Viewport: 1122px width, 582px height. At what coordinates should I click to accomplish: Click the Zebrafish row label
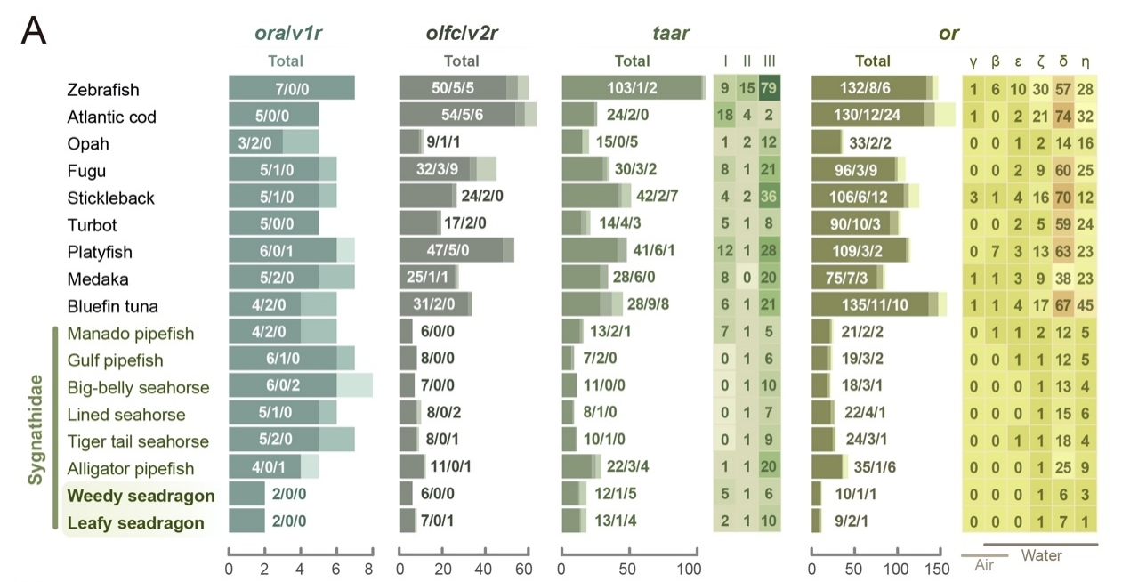pos(102,90)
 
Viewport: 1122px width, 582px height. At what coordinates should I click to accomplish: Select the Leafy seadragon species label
pos(136,523)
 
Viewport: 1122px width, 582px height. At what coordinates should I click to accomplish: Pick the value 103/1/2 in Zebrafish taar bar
pos(632,89)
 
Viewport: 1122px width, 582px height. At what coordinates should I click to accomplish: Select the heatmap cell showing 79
pos(769,89)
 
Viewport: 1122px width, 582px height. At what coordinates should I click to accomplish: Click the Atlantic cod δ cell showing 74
pos(1062,117)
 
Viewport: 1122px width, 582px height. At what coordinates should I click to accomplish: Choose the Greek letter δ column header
pos(1062,61)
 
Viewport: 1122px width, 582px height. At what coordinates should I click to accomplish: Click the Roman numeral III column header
pos(769,61)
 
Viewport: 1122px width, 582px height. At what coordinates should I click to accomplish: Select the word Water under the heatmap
pos(1041,555)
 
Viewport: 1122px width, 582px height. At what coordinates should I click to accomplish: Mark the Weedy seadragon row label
pos(141,496)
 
